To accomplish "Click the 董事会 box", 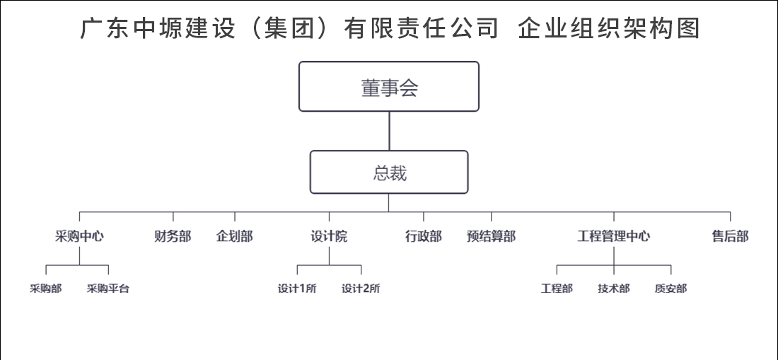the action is (x=389, y=86).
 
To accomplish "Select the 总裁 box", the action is (x=389, y=172).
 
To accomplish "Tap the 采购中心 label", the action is (x=79, y=236).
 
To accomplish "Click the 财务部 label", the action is (x=173, y=236).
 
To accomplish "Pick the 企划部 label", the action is (x=235, y=236).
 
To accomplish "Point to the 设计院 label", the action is (x=329, y=236).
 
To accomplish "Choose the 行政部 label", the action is (x=423, y=236).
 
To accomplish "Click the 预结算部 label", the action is (x=492, y=236).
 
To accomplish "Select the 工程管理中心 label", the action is (x=614, y=236).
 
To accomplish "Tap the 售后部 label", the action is (x=731, y=236).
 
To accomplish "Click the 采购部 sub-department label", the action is (x=46, y=289).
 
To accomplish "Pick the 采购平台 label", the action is (x=108, y=289).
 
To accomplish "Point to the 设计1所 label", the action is (x=297, y=289).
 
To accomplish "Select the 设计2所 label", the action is (x=361, y=289).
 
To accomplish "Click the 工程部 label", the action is (x=557, y=289).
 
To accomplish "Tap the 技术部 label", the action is (x=614, y=289).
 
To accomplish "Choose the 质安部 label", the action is (x=670, y=289).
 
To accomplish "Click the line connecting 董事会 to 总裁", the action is (x=389, y=131).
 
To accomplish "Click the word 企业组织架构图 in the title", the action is (x=609, y=28).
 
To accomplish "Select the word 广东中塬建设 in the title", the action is (x=158, y=28).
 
